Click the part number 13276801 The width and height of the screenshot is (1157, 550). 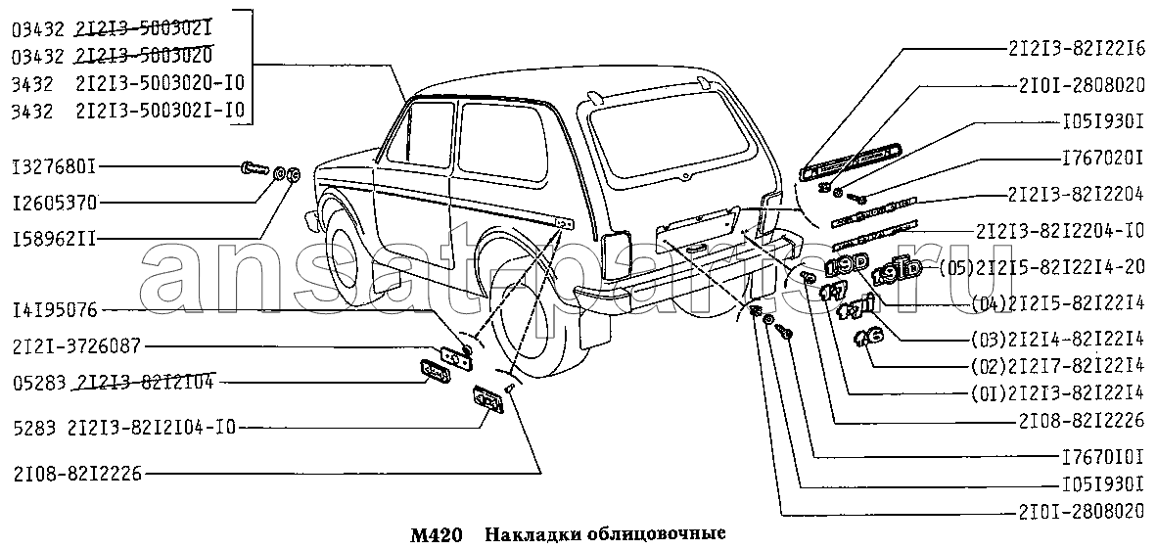click(55, 166)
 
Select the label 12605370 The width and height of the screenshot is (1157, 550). click(55, 203)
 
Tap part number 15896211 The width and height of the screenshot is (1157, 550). click(55, 238)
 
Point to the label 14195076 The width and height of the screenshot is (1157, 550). click(55, 310)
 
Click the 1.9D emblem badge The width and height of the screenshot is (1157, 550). click(845, 265)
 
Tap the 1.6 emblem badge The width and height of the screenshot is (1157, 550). click(868, 338)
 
